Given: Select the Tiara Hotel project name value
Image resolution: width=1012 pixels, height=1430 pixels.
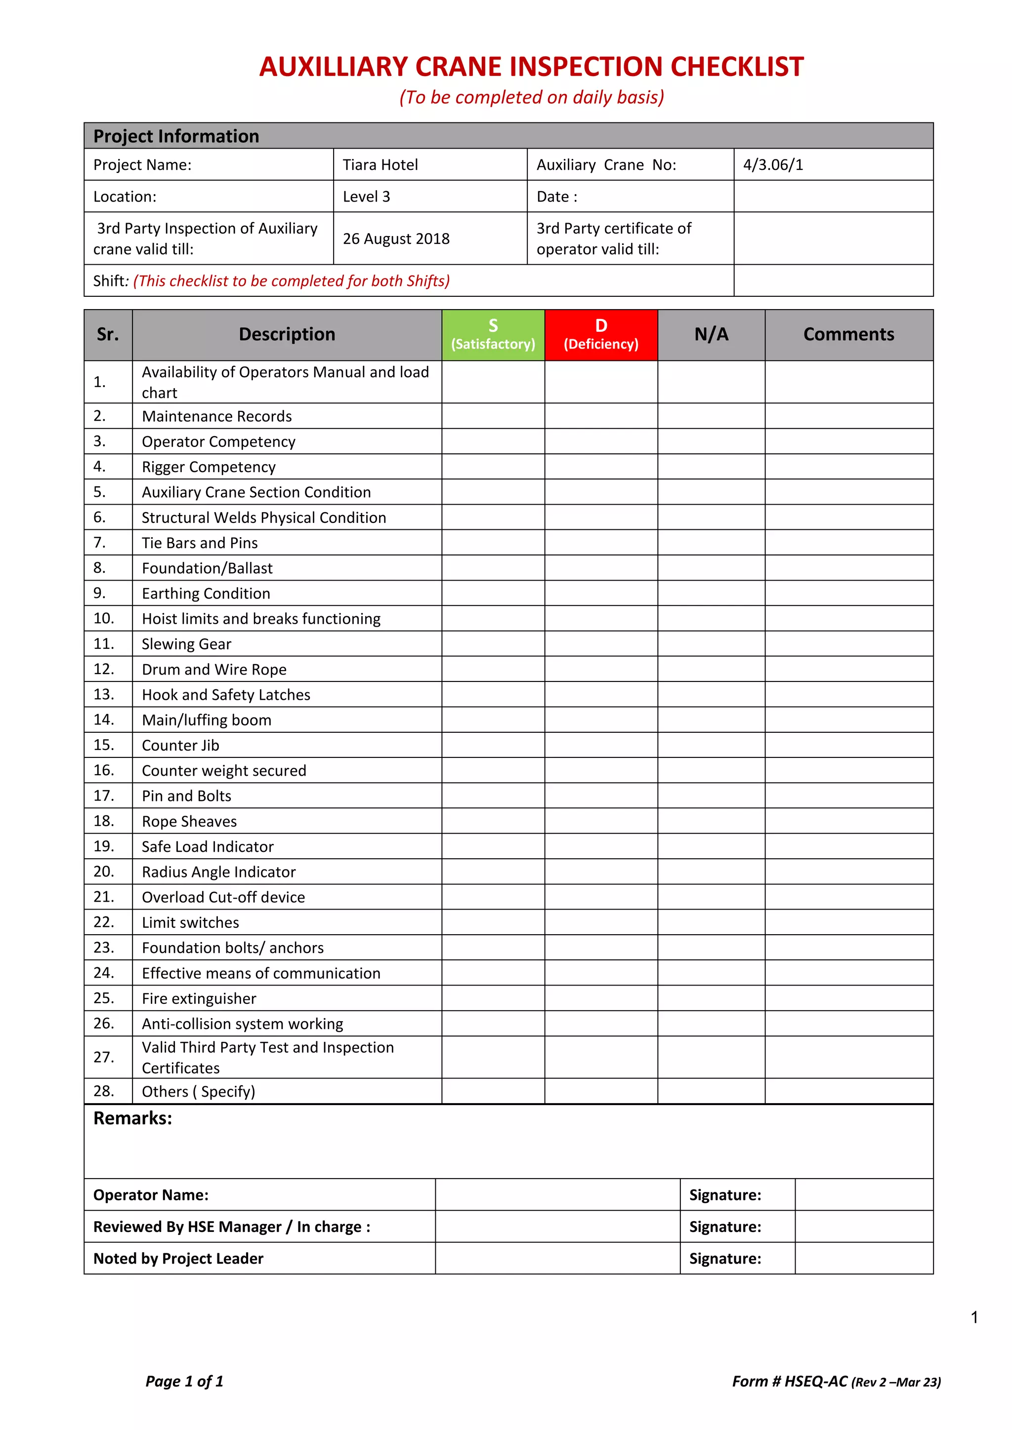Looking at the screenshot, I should tap(380, 165).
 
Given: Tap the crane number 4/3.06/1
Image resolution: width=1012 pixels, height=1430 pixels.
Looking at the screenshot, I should tap(773, 165).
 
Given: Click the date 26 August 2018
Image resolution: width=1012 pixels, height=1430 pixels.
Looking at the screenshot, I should tap(396, 238).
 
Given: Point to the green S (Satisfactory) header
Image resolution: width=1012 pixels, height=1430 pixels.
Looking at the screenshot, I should tap(493, 334).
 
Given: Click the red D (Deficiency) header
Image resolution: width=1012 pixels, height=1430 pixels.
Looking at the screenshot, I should tap(601, 334).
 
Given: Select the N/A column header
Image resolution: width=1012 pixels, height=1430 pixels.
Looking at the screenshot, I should tap(711, 334).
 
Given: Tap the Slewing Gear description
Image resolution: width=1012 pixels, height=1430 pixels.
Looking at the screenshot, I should tap(186, 644).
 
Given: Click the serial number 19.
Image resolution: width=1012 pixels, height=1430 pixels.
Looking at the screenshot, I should tap(103, 846).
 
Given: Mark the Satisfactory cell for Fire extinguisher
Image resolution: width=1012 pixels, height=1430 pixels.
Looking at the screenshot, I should tap(493, 998).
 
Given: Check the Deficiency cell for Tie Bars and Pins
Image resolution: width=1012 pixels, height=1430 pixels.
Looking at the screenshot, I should tap(601, 543).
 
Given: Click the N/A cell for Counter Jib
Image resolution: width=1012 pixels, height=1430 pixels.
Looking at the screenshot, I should tap(711, 745).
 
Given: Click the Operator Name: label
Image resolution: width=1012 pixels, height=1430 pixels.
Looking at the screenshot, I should tap(151, 1194).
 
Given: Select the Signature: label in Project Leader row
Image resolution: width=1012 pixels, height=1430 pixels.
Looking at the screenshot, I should tap(725, 1258).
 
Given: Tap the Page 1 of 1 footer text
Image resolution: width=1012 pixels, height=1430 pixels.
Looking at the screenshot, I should tap(184, 1382).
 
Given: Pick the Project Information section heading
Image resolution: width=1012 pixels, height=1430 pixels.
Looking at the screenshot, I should tap(176, 136).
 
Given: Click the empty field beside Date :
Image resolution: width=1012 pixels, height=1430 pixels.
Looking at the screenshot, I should tap(833, 197).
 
